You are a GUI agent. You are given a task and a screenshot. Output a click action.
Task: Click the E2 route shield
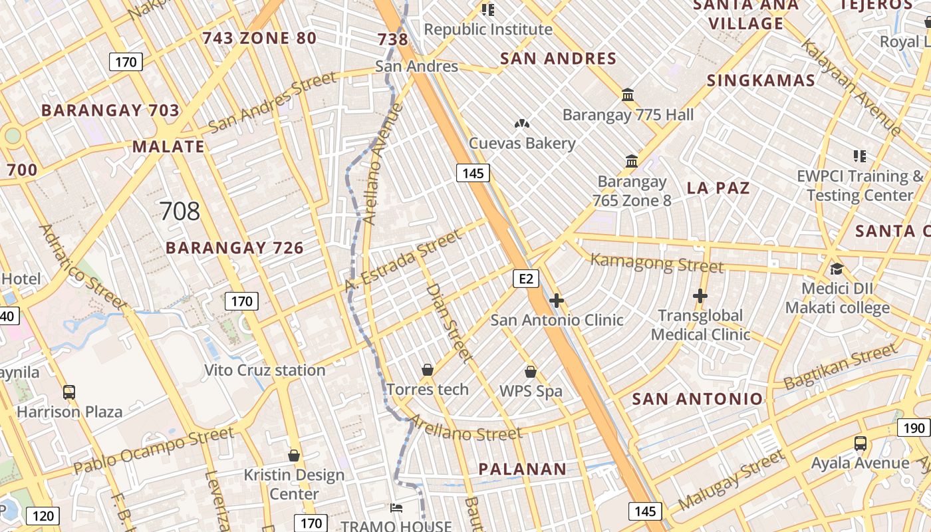(525, 279)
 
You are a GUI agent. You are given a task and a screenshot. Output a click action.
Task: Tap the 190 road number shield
(914, 428)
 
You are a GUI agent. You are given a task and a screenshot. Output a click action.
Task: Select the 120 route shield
(43, 515)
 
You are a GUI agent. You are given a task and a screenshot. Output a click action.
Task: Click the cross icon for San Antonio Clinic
(557, 301)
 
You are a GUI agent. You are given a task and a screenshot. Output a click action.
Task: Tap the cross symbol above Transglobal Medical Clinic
(700, 295)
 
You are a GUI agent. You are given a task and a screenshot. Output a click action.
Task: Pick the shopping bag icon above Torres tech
(428, 370)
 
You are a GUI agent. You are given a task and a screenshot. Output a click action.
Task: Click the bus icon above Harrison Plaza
(69, 392)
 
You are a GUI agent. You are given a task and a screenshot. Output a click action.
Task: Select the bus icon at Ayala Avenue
(860, 443)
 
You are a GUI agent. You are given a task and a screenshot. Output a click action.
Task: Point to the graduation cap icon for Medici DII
(836, 269)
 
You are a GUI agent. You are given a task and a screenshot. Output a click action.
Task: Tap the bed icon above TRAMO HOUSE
(396, 509)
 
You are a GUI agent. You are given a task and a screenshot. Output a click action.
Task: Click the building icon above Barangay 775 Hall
(628, 94)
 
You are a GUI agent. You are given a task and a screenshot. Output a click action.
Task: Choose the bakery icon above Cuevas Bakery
(522, 124)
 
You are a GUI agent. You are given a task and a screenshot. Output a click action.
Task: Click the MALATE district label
(168, 146)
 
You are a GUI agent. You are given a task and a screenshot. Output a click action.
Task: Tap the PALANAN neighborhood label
(523, 469)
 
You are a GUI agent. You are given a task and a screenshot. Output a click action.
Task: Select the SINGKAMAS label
(761, 80)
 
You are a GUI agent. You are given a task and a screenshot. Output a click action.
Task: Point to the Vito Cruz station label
(265, 370)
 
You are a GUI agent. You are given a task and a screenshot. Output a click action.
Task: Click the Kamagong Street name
(656, 263)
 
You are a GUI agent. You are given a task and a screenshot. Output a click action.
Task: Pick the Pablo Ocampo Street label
(154, 450)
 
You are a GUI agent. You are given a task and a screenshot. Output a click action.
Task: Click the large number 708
(180, 211)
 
